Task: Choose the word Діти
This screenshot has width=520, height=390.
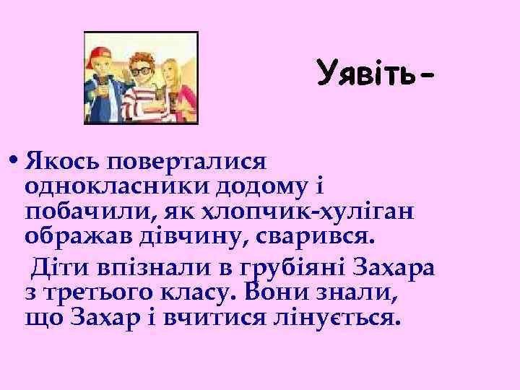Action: coord(54,266)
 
